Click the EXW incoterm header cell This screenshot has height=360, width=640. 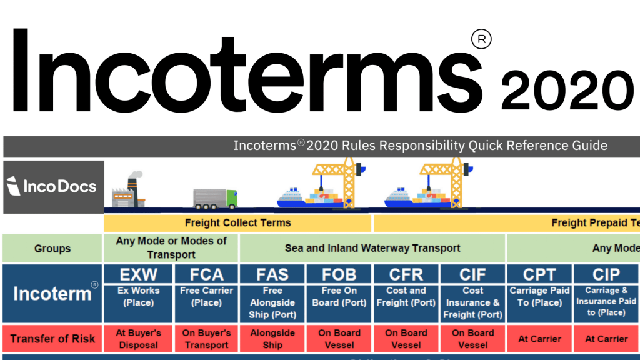[x=138, y=274]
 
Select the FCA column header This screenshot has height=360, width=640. [x=206, y=274]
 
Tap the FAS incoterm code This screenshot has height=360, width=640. [x=272, y=274]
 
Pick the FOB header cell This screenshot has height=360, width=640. [x=339, y=274]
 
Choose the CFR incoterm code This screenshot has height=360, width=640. [x=406, y=274]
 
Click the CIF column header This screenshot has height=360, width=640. [x=472, y=274]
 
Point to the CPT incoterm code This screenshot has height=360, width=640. [x=539, y=274]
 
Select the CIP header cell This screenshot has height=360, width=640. [x=606, y=274]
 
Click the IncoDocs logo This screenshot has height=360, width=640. [x=53, y=186]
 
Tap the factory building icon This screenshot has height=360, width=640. [x=127, y=190]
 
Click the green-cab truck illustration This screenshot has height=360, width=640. [x=215, y=198]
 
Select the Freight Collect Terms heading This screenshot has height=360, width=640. [x=238, y=222]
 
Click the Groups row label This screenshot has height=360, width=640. [x=52, y=249]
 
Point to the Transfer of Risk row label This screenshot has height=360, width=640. [x=52, y=339]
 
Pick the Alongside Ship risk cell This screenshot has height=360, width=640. [x=272, y=339]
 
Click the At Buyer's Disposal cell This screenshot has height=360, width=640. [x=138, y=339]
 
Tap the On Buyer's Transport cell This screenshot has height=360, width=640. [x=206, y=339]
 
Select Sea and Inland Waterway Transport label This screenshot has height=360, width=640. [x=372, y=248]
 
